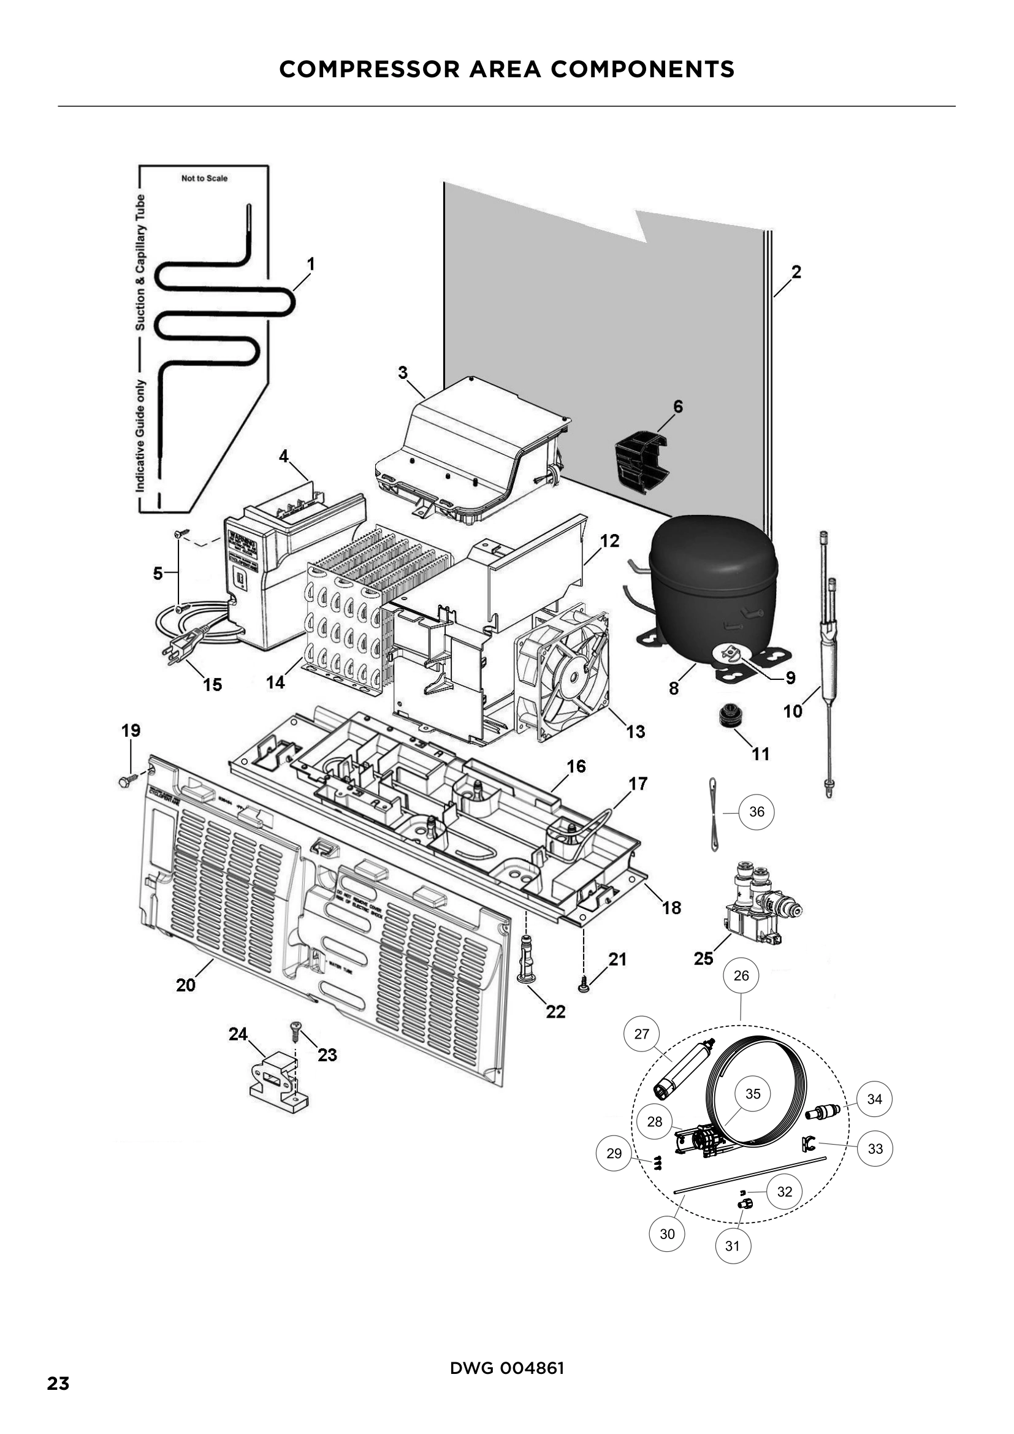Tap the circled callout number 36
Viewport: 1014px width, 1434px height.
tap(756, 811)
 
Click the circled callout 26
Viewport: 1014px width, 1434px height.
tap(741, 975)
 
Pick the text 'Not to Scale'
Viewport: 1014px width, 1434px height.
tap(204, 178)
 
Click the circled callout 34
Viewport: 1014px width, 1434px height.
tap(874, 1099)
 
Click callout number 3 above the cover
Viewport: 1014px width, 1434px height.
tap(403, 373)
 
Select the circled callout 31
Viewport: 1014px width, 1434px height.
tap(732, 1246)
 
